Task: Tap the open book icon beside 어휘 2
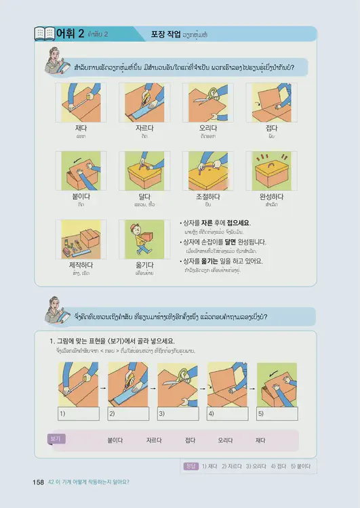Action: pyautogui.click(x=44, y=33)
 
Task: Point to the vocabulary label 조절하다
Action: pyautogui.click(x=208, y=196)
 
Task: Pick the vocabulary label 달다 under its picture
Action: pyautogui.click(x=143, y=196)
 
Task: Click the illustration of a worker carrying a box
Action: pyautogui.click(x=143, y=238)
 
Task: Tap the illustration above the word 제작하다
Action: pyautogui.click(x=81, y=238)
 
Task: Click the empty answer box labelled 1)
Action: pyautogui.click(x=79, y=413)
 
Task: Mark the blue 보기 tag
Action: pyautogui.click(x=56, y=439)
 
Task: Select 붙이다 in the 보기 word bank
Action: pyautogui.click(x=115, y=440)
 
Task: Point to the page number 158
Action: pyautogui.click(x=38, y=482)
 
